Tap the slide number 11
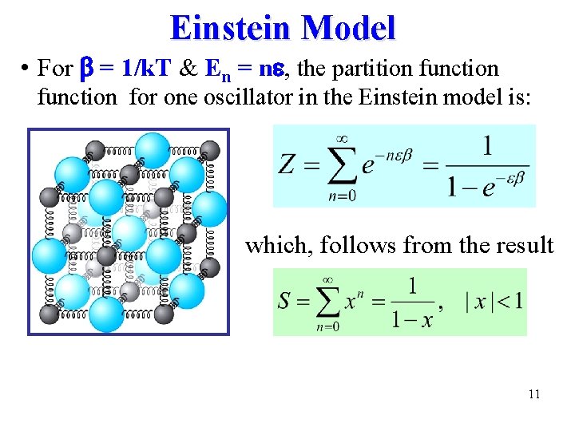point(534,393)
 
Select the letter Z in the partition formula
point(287,165)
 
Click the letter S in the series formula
point(284,302)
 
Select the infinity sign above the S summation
point(327,279)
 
